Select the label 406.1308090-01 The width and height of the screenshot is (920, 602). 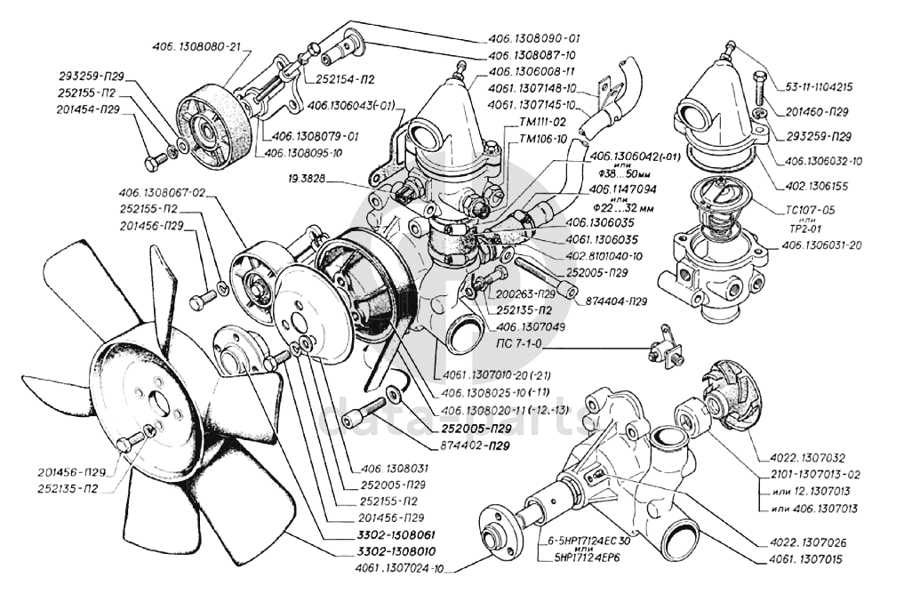click(x=533, y=39)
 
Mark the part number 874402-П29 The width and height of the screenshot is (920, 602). click(x=484, y=444)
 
